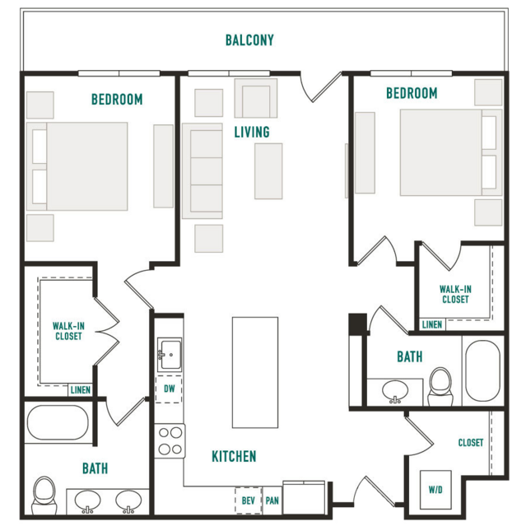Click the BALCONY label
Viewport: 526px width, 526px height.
pyautogui.click(x=249, y=40)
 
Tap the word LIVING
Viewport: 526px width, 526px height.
pyautogui.click(x=252, y=132)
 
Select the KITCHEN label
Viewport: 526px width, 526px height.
pyautogui.click(x=234, y=456)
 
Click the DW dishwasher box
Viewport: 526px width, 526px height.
pyautogui.click(x=169, y=389)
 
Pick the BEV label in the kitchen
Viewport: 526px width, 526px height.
pyautogui.click(x=249, y=500)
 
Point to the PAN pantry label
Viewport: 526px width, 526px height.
pyautogui.click(x=272, y=500)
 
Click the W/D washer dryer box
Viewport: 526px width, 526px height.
pyautogui.click(x=435, y=490)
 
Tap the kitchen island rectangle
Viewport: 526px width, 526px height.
pyautogui.click(x=255, y=372)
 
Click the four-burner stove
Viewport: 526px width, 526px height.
pyautogui.click(x=170, y=440)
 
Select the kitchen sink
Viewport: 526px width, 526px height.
pyautogui.click(x=170, y=355)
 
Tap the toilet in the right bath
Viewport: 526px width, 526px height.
pyautogui.click(x=440, y=387)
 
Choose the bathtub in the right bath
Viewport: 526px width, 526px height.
pyautogui.click(x=483, y=370)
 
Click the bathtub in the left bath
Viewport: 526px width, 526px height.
pyautogui.click(x=58, y=422)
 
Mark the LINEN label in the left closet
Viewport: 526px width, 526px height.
pyautogui.click(x=81, y=390)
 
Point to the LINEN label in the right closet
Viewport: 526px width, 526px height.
pyautogui.click(x=431, y=324)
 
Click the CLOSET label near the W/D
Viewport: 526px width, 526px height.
pyautogui.click(x=471, y=443)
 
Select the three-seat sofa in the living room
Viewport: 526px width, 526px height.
pyautogui.click(x=202, y=171)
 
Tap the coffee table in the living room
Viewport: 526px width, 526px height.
pyautogui.click(x=268, y=171)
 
